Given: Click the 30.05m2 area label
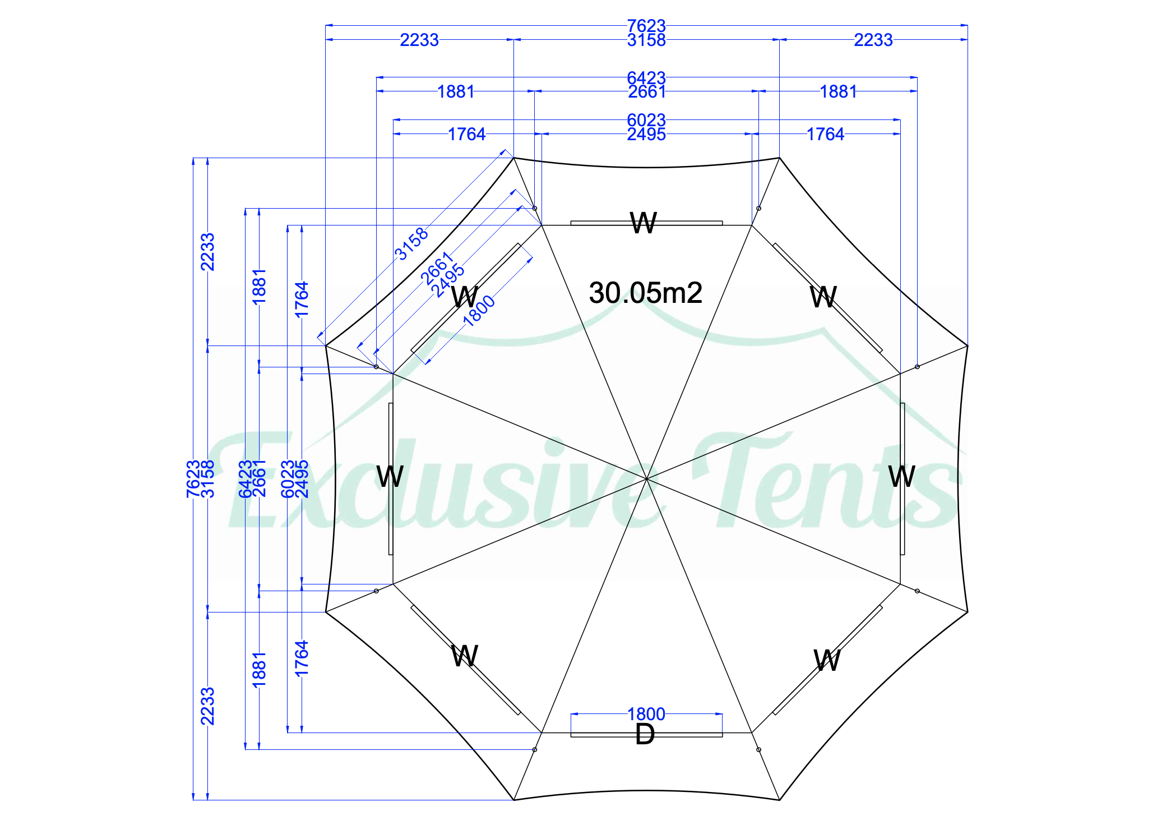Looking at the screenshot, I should [x=645, y=293].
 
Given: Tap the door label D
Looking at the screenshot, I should [x=645, y=734].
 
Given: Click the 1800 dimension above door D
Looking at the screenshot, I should [x=646, y=714].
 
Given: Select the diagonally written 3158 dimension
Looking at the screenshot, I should [x=411, y=244].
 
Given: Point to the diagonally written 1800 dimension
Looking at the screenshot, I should [x=479, y=311].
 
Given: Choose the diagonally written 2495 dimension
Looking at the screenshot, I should [x=448, y=280].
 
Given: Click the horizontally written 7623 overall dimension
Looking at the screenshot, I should [x=646, y=25].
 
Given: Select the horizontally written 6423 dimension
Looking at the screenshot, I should [x=646, y=77].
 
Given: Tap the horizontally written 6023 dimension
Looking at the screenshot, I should [x=646, y=119].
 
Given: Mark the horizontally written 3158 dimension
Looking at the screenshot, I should [x=646, y=40].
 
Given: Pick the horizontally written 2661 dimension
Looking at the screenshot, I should [x=646, y=91].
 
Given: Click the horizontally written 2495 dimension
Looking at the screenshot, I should [x=646, y=135].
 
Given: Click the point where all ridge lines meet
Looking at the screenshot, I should [x=646, y=478].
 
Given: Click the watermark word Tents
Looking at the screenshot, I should [x=824, y=482].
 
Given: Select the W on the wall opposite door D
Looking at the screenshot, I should [x=644, y=223].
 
